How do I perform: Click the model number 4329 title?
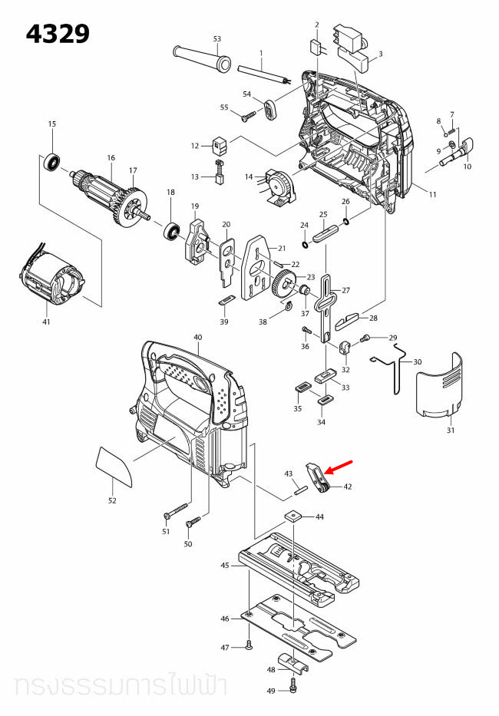pos(58,34)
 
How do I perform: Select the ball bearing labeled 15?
pos(52,162)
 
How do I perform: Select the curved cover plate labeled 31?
pos(439,387)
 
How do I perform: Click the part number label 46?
pos(225,619)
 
